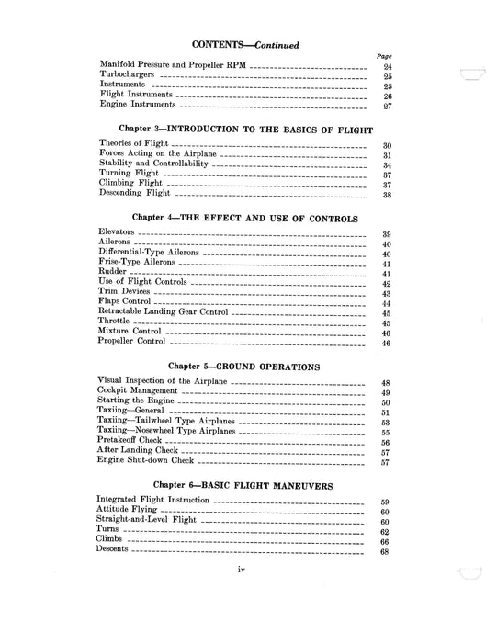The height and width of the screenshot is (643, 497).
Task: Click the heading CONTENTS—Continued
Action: click(244, 43)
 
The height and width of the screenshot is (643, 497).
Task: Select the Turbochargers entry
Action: click(129, 76)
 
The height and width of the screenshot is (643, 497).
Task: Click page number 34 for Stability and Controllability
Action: click(387, 166)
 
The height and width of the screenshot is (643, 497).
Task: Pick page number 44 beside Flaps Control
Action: click(387, 304)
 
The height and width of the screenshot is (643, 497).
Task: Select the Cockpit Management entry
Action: click(139, 391)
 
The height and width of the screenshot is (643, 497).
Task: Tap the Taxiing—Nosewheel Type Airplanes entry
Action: click(166, 430)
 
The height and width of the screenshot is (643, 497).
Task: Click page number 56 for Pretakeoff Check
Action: click(387, 442)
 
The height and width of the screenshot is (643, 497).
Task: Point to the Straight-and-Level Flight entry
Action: click(146, 521)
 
